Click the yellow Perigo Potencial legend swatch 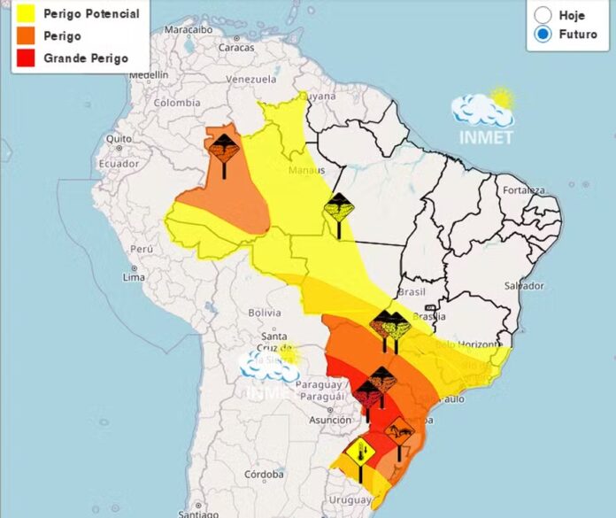pos(25,14)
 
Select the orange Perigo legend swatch pos(25,36)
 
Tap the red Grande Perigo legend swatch pos(25,58)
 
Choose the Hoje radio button pos(543,15)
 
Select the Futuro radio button pos(543,34)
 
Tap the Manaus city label pos(306,170)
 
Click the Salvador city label pos(523,286)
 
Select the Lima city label pos(134,277)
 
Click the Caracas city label pos(236,47)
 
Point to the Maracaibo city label pos(189,29)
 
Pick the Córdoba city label pos(265,474)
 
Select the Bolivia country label pos(264,313)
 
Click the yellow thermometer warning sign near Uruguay pos(360,454)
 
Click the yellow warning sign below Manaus pos(339,209)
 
